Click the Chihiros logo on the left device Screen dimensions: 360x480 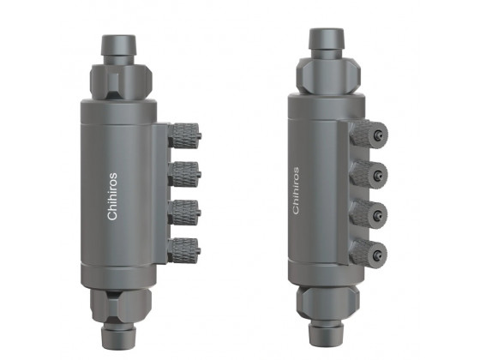pos(113,196)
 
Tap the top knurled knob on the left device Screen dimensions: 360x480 pos(184,135)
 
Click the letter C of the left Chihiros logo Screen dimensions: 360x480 pos(113,215)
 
